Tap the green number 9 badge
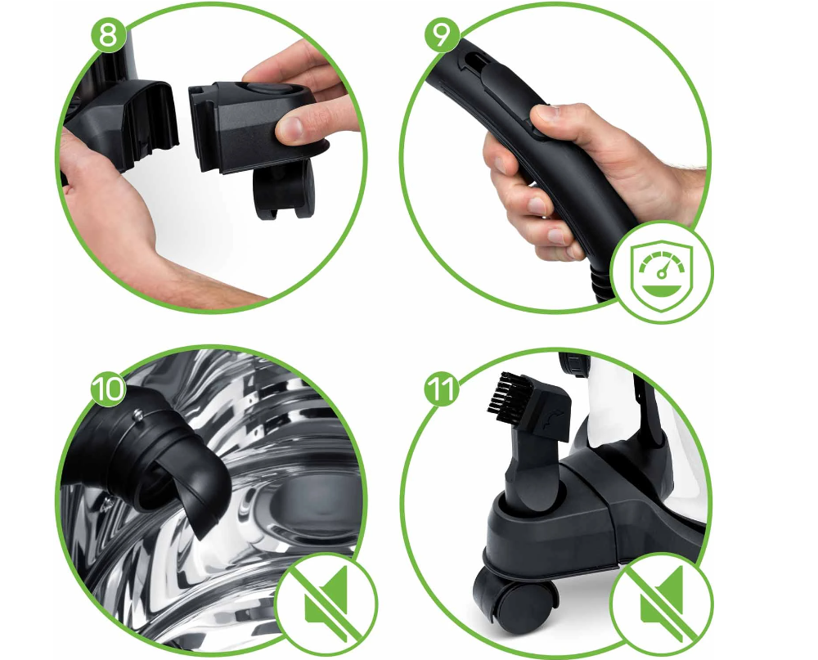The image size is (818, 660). point(442,35)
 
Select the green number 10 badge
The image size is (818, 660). point(109,388)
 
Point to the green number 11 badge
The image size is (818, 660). point(443,388)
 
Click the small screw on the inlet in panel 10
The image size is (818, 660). point(137,415)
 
